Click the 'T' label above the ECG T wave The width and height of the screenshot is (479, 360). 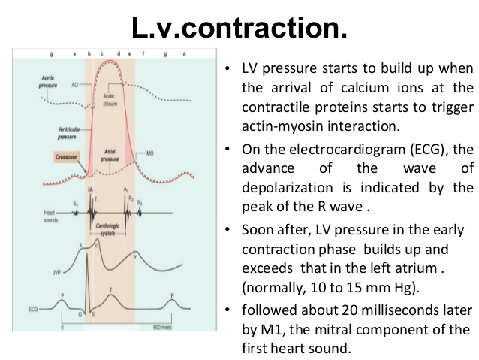coord(112,289)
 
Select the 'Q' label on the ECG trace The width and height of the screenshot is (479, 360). coord(80,314)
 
